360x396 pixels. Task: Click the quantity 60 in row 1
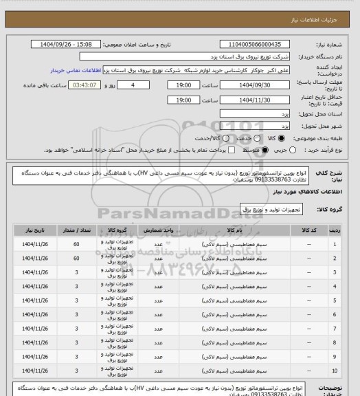[x=76, y=244]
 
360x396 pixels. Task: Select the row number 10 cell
[x=335, y=372]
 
